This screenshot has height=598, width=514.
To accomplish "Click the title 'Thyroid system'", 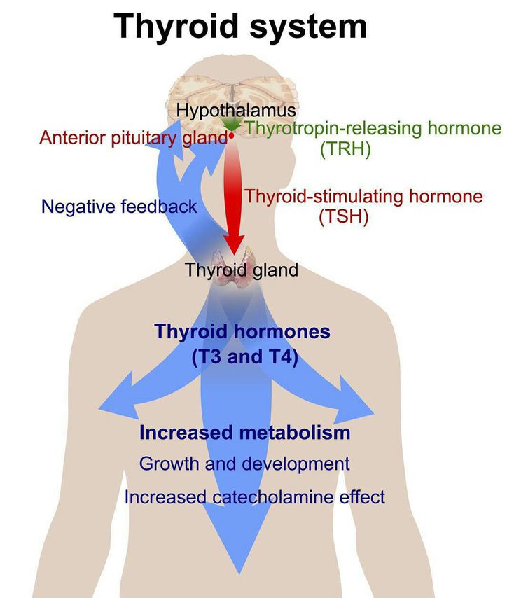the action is point(240,27).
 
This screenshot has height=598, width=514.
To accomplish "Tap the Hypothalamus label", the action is point(236,111).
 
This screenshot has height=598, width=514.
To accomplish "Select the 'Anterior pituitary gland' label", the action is point(134,138).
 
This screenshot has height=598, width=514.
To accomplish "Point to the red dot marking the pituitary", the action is point(232,135).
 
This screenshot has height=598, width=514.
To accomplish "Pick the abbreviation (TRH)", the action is point(345,148).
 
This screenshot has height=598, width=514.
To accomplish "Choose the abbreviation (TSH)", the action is point(344,217).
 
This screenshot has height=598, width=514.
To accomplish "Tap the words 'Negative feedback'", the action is point(119,207).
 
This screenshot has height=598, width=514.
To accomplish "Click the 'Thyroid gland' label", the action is point(242,270).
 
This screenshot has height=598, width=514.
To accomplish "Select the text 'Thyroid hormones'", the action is point(242,331).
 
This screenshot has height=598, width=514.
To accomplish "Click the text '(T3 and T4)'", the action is point(245,357).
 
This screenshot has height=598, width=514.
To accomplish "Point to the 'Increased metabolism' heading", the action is point(245,433).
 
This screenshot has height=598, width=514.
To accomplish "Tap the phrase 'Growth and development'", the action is point(244,464).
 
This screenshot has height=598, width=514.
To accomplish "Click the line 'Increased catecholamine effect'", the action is point(255,497).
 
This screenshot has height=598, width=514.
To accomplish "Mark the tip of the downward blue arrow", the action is point(239,573).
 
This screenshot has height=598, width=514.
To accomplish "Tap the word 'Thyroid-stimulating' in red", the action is point(324,197).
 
